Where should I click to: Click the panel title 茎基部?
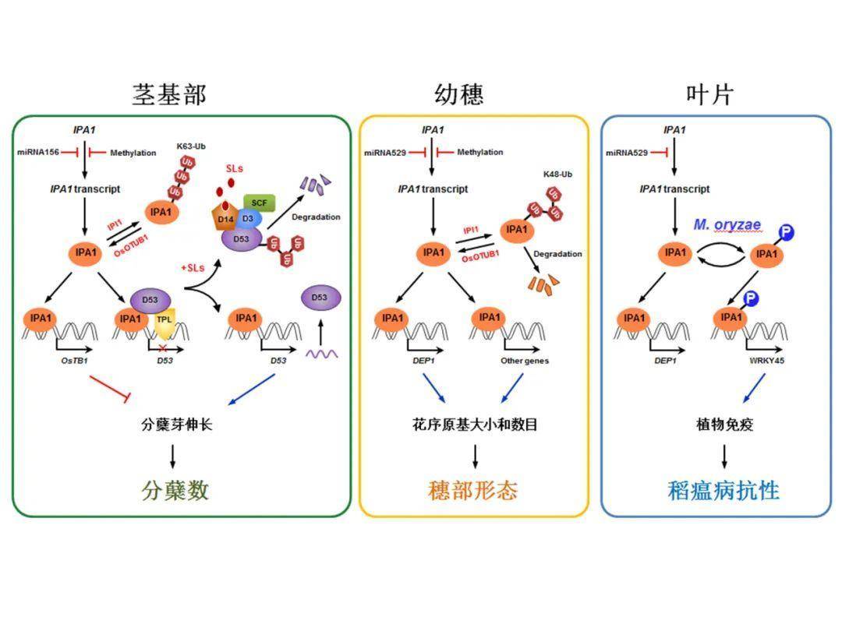[x=169, y=94]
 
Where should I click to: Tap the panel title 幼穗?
[x=458, y=94]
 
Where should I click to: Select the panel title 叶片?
[x=709, y=94]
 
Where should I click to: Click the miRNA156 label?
[x=39, y=152]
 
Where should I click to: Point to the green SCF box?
[x=259, y=203]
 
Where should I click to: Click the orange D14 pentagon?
[x=225, y=219]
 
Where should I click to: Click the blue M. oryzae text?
[x=727, y=224]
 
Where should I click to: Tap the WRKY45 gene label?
[x=767, y=361]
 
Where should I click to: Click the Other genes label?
[x=525, y=361]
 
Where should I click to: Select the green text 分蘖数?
[x=175, y=490]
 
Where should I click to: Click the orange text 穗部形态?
[x=473, y=490]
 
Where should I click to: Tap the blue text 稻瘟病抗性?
[x=723, y=490]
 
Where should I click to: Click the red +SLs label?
[x=193, y=267]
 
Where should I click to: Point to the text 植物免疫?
[x=724, y=425]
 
